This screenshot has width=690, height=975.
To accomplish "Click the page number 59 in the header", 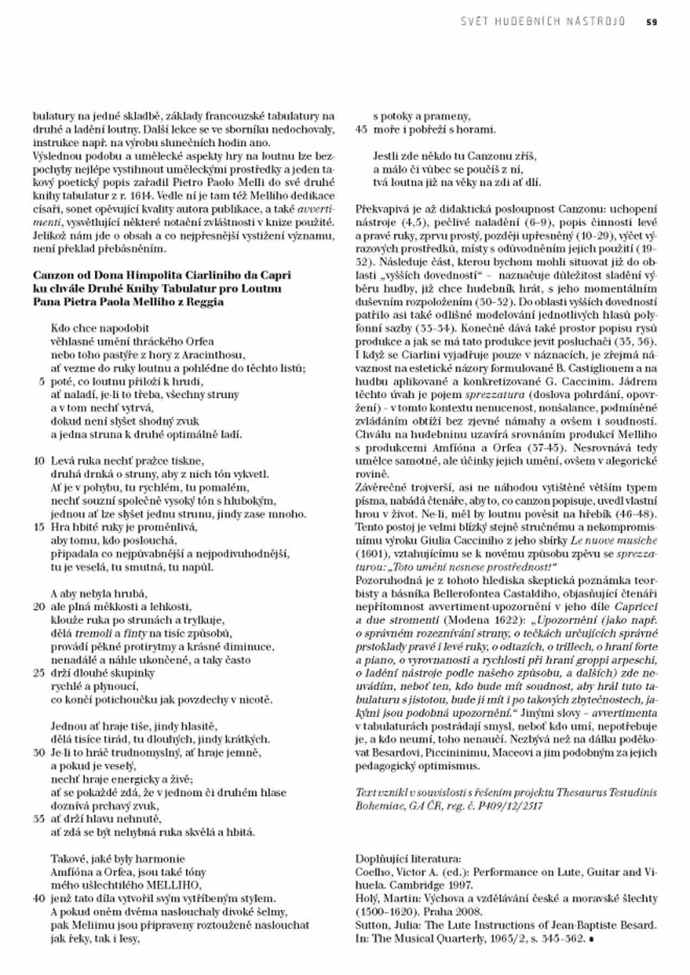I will [652, 22].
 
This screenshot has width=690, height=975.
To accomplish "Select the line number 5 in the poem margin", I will [42, 381].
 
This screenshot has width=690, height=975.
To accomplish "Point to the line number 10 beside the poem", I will [39, 461].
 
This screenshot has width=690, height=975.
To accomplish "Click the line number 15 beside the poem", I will [39, 527].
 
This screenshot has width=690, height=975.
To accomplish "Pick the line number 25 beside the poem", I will [39, 673].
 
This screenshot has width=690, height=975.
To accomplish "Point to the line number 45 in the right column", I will [362, 129].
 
